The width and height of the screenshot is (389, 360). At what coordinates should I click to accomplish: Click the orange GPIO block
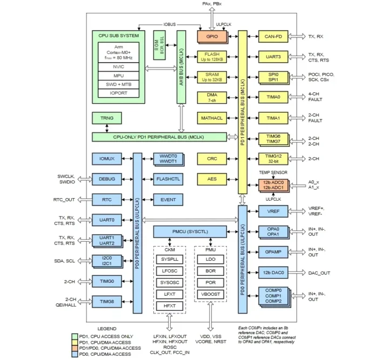coord(212,36)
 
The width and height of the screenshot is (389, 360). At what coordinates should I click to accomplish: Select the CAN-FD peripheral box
coord(273,36)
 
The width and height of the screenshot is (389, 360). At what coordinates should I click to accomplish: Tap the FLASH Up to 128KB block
coord(212,57)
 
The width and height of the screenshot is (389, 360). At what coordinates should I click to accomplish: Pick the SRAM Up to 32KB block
coord(212,77)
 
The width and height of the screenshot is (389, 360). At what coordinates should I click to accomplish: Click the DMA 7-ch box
coord(212,98)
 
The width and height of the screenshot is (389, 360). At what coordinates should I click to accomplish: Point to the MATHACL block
coord(212,118)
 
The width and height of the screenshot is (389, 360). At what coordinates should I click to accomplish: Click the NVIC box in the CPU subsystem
coord(118,66)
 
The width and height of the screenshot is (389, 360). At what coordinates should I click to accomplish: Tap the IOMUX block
coord(106,159)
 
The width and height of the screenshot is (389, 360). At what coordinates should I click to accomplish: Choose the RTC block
coord(106,200)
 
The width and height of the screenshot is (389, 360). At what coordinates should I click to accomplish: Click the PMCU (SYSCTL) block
coord(188,232)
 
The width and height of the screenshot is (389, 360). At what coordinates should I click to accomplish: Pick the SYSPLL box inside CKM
coord(169,260)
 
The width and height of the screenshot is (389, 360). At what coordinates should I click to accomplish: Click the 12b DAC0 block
coord(273,273)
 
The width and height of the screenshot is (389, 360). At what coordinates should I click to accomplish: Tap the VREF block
coord(273,211)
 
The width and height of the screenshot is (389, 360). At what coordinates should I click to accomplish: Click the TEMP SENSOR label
coord(273,172)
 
